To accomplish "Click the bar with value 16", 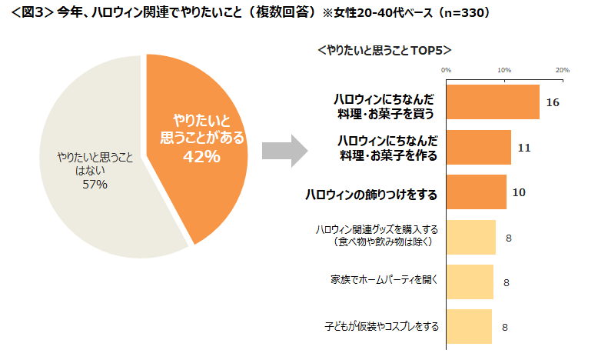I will click(492, 102).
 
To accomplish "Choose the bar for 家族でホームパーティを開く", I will click(470, 282).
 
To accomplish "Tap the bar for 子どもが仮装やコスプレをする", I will click(469, 326).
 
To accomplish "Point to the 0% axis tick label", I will click(446, 70).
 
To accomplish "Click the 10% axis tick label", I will click(504, 70).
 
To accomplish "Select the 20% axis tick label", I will click(563, 70).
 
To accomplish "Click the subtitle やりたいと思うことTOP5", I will click(384, 50).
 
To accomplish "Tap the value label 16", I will click(552, 103).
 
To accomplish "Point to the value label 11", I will click(524, 148).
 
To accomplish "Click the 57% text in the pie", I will click(95, 185).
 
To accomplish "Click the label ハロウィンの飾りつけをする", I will click(372, 195).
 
